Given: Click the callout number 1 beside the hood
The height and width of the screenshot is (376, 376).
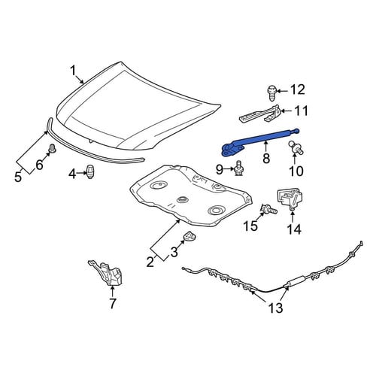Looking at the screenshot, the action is point(73,71).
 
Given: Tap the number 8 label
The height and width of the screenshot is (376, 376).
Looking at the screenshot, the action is point(266,158).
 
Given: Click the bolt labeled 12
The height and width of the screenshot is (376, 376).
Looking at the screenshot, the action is point(271,92).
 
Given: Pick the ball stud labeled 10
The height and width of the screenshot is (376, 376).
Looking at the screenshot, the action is point(296,147).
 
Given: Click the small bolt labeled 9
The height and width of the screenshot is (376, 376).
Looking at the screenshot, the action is point(238,169).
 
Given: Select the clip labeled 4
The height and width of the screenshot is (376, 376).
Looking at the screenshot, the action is point(90,172).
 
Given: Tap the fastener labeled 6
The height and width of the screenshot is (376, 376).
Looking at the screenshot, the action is point(52,148).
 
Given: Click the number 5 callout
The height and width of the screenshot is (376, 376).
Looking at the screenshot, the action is point(18,177).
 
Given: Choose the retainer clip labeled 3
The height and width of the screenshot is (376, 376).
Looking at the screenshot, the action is point(190,237).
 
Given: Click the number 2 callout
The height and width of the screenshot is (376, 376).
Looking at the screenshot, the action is point(150,262).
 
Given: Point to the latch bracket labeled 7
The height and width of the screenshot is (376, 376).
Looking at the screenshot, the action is point(105,273).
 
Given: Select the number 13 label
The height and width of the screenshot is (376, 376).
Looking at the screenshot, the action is point(275,308).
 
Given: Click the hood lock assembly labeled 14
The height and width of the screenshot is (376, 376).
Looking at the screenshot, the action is point(290,200).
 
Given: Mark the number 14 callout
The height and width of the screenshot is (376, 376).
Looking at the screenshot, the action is point(294,229).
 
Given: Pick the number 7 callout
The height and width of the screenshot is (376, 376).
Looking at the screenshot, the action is point(112,304).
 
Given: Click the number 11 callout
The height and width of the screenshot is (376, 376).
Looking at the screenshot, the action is point(300,111).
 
